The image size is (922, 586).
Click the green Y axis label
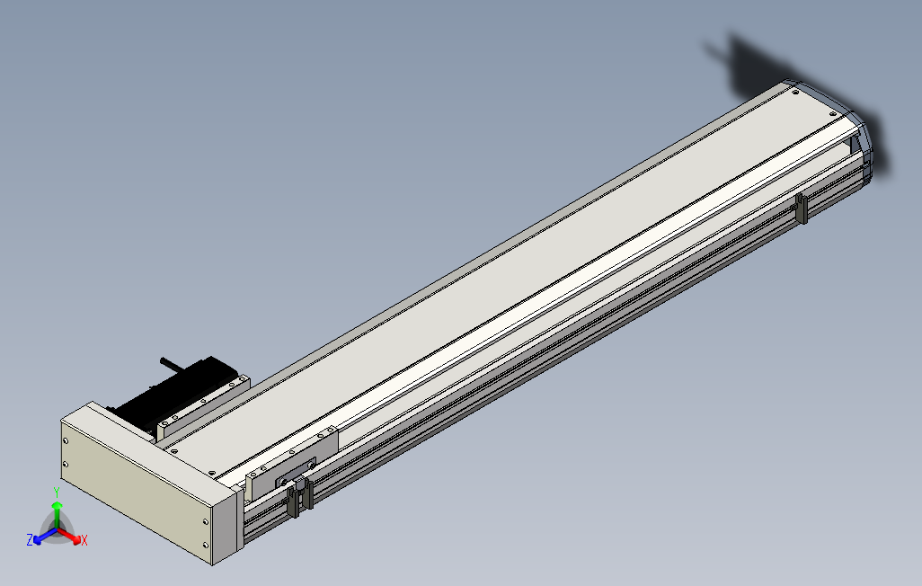[x=56, y=492]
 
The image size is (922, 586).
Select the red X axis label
[x=84, y=540]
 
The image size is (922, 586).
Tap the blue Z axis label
[x=30, y=539]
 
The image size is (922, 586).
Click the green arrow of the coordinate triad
[x=57, y=511]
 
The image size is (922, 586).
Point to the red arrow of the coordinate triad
[x=72, y=537]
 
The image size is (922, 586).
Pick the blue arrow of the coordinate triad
[x=41, y=537]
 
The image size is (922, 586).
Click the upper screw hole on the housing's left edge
[x=66, y=439]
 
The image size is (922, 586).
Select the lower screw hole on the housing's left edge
[x=66, y=464]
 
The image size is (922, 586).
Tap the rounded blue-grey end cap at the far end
[x=863, y=148]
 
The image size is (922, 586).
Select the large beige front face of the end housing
[x=135, y=485]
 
